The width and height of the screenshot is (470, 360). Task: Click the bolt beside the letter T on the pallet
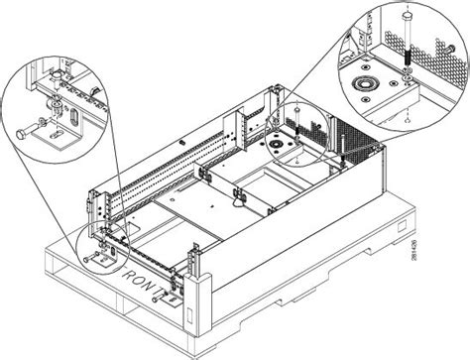[175, 288]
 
